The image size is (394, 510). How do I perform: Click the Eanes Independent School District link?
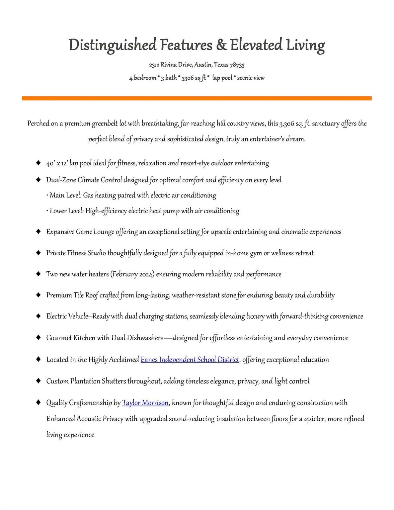point(190,360)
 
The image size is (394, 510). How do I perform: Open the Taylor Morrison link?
point(145,403)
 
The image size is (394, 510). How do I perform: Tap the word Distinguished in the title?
point(113,45)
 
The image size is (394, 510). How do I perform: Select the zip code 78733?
point(237,65)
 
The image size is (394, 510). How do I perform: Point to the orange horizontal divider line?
point(197,98)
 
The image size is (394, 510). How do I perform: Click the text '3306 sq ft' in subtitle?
point(194,78)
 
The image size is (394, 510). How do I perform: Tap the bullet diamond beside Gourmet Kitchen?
point(39,338)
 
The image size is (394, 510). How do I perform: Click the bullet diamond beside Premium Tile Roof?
point(39,295)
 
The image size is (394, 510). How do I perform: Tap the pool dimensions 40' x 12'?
point(57,163)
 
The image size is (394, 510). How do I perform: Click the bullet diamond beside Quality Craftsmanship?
point(39,402)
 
